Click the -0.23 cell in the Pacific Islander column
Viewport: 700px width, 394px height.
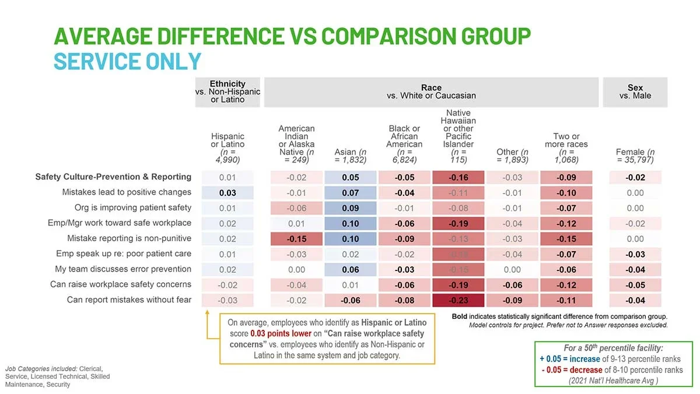[x=458, y=300]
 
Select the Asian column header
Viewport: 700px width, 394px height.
[x=350, y=156]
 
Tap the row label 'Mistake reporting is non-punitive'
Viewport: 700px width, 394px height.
[x=129, y=238]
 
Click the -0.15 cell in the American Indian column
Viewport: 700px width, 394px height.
[x=296, y=238]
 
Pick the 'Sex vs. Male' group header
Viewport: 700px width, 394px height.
[x=635, y=92]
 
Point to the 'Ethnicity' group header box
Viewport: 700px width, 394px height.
[x=228, y=92]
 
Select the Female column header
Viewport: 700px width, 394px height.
[x=635, y=156]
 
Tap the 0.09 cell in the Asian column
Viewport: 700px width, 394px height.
[x=351, y=208]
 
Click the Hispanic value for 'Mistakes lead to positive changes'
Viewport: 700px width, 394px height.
[x=228, y=192]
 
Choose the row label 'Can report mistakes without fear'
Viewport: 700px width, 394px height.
[x=129, y=300]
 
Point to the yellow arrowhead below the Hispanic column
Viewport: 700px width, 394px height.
[x=208, y=312]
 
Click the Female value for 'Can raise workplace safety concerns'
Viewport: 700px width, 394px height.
[x=635, y=285]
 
